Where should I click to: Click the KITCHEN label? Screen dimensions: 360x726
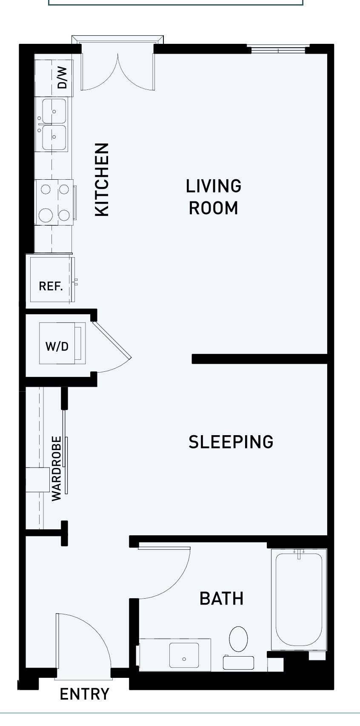(102, 180)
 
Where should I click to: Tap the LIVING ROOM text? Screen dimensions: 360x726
(214, 197)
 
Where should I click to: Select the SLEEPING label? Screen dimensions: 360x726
(231, 442)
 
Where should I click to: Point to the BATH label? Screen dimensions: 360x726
(222, 598)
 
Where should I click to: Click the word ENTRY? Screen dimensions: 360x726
(85, 694)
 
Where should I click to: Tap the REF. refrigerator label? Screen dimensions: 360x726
(51, 286)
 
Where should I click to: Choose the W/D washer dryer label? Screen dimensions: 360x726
(57, 347)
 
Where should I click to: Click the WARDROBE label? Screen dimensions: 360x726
(56, 469)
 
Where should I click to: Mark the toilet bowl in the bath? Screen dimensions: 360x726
(238, 639)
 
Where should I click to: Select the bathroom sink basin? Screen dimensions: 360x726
(184, 655)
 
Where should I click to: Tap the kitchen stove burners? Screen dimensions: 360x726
(55, 202)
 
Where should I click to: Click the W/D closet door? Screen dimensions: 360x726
(112, 340)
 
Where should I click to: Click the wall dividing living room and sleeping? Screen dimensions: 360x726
(260, 359)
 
